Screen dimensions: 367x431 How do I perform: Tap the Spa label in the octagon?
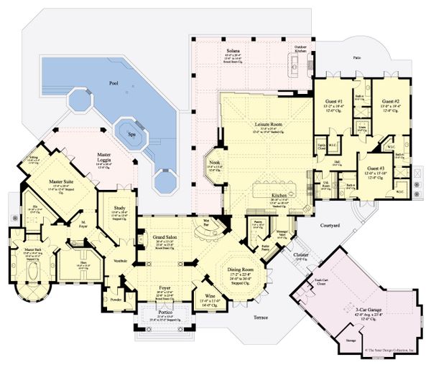[x=131, y=133]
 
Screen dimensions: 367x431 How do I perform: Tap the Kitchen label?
[x=279, y=195]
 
